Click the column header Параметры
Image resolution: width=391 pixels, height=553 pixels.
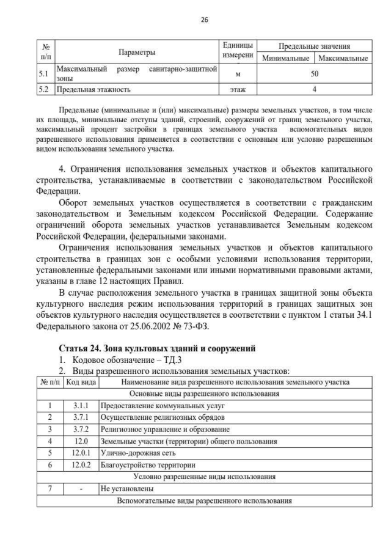(x=137, y=52)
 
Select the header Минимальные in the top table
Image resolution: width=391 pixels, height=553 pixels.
(x=285, y=59)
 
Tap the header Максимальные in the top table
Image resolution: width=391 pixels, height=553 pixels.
(x=343, y=59)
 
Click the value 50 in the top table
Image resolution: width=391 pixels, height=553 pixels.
(x=314, y=74)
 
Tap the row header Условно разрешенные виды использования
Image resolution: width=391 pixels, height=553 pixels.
(x=204, y=477)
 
